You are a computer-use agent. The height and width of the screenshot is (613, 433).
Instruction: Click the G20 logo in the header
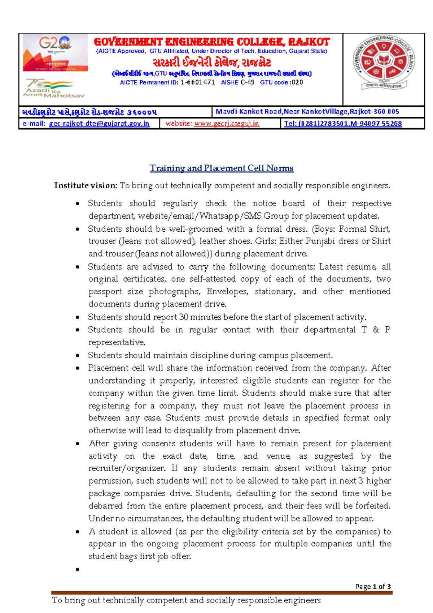55,52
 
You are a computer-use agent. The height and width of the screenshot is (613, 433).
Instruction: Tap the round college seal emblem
384,62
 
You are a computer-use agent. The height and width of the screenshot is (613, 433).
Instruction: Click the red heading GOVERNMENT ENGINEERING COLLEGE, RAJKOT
212,42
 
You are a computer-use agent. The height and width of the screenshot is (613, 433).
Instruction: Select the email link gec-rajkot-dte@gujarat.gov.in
99,124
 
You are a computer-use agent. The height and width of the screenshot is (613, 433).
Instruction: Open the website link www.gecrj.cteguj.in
226,124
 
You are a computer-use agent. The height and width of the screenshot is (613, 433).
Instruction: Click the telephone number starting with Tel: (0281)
343,124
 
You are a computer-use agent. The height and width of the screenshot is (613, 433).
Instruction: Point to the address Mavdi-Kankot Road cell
307,112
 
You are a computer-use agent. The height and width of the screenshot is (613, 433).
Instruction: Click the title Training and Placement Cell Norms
221,168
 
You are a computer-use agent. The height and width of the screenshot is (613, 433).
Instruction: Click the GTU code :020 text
281,82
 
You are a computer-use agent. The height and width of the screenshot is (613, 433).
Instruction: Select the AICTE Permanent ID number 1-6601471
198,82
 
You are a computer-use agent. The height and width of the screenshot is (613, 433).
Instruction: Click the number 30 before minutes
184,317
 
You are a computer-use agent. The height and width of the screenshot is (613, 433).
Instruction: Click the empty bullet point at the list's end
78,570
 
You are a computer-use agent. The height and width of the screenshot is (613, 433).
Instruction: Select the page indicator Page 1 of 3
373,586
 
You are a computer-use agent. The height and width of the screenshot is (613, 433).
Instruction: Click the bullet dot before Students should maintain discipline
78,356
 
